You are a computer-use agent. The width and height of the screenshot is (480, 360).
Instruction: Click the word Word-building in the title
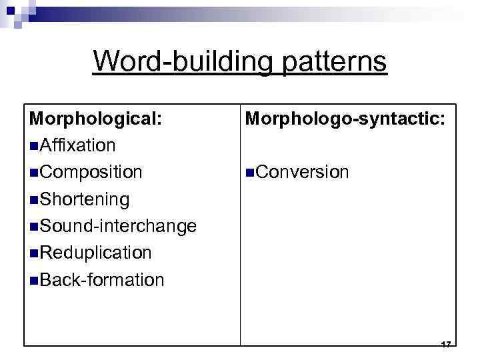(180, 61)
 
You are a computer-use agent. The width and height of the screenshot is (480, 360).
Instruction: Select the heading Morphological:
(95, 118)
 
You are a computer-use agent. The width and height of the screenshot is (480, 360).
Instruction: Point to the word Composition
(91, 172)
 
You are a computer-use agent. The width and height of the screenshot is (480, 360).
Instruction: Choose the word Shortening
(85, 199)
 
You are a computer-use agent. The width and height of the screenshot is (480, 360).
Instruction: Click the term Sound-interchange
(118, 226)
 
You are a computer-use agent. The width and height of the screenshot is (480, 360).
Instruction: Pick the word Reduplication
(96, 253)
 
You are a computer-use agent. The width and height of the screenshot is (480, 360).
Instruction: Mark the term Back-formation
(102, 279)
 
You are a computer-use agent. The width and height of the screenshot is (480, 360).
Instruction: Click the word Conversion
(302, 172)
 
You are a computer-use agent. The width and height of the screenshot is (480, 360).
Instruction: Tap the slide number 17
(446, 344)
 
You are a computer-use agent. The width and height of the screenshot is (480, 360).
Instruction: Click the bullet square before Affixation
(34, 146)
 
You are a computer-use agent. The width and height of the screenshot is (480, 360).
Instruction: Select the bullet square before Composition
(34, 173)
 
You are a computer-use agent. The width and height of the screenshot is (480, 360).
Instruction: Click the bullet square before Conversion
(250, 173)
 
